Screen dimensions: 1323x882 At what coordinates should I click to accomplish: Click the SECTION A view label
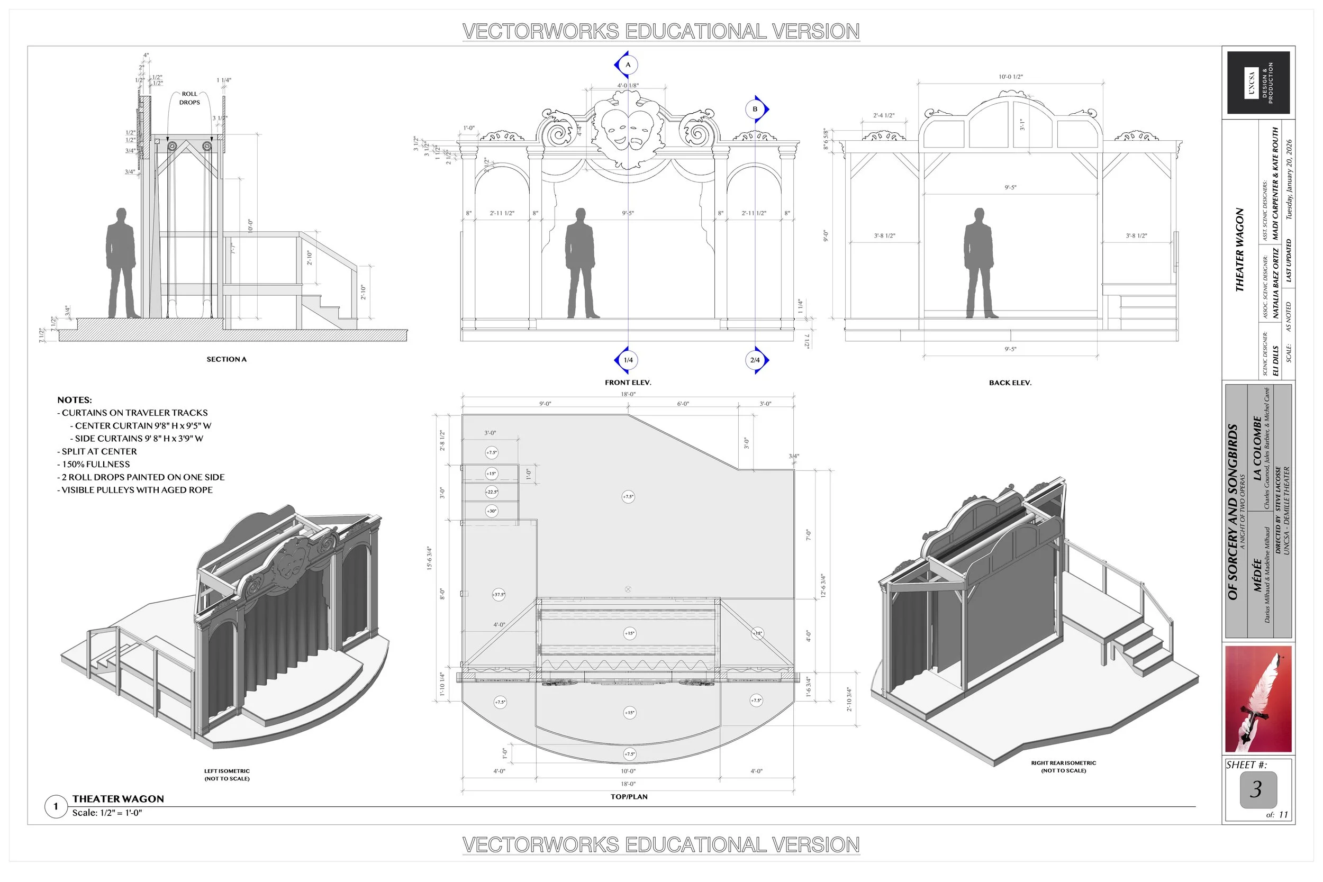click(x=226, y=359)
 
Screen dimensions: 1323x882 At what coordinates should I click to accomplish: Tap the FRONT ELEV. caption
click(x=628, y=383)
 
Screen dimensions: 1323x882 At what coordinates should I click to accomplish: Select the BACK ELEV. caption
click(x=1010, y=383)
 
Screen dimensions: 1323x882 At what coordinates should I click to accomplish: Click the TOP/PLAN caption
click(x=629, y=796)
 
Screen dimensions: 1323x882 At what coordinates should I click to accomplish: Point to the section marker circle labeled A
click(x=628, y=65)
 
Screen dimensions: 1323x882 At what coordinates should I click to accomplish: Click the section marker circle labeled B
click(x=755, y=109)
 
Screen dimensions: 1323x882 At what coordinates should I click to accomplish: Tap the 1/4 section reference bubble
click(x=628, y=360)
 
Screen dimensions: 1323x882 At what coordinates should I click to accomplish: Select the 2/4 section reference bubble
click(x=755, y=360)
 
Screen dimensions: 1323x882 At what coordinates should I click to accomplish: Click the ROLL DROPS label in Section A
click(x=189, y=98)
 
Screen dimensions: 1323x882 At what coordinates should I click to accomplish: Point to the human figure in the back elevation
click(x=980, y=262)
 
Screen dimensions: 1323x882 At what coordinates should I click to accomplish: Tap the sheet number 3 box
click(x=1258, y=789)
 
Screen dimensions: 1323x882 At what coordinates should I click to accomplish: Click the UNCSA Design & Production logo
click(x=1258, y=83)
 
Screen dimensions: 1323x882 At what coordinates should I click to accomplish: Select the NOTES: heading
click(x=74, y=400)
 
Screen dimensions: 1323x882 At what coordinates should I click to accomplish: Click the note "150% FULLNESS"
click(x=96, y=464)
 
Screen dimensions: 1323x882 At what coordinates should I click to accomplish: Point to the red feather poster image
click(x=1258, y=698)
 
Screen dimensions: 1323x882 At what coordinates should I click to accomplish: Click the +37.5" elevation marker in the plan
click(x=499, y=595)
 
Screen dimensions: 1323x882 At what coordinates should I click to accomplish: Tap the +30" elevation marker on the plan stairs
click(x=492, y=511)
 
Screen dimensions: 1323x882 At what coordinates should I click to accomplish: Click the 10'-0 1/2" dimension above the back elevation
click(x=1010, y=77)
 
